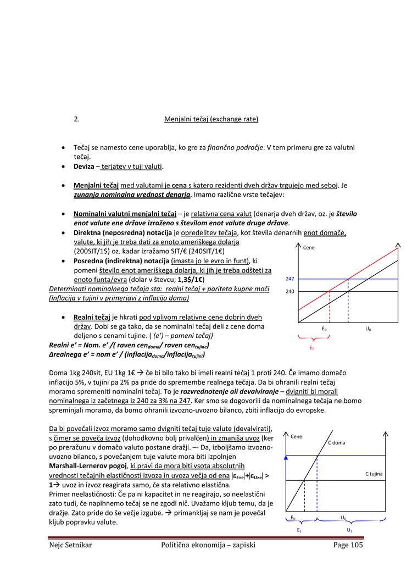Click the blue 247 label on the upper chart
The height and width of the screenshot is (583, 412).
coord(290,279)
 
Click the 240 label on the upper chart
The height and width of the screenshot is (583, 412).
coord(290,292)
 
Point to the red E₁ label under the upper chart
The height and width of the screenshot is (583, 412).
coord(311,348)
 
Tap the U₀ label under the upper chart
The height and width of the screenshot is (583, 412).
coord(368,329)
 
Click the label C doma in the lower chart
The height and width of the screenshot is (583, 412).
coord(337,442)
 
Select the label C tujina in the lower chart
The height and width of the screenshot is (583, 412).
coord(374,474)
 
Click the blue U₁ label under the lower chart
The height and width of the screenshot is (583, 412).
coord(349,530)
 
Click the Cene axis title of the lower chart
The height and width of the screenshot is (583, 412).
coord(297,436)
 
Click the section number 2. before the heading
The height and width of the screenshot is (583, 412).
coord(77,119)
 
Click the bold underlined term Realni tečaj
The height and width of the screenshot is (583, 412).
coord(92,317)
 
